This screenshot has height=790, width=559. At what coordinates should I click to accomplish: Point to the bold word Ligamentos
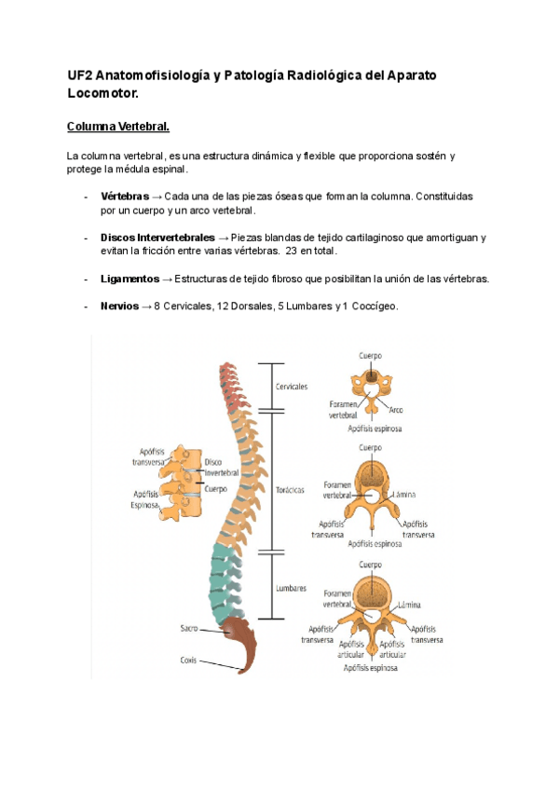pos(130,279)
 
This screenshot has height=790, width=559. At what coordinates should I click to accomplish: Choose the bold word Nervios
pos(118,306)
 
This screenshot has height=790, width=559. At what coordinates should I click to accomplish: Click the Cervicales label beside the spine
pos(292,386)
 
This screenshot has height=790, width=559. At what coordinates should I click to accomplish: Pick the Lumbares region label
pos(291,588)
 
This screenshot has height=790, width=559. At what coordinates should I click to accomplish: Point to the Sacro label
pos(188,629)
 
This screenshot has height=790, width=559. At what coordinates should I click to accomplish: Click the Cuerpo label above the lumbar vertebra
pos(371,565)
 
